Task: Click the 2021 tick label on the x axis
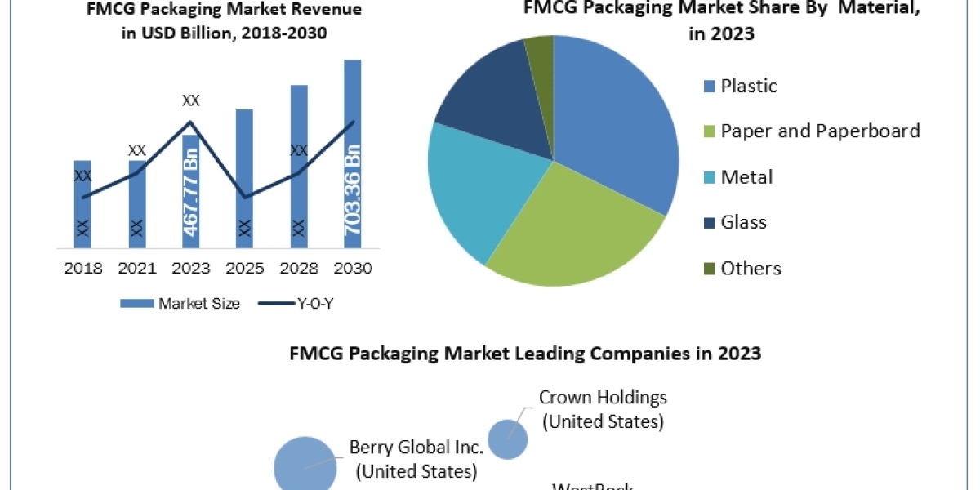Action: pyautogui.click(x=136, y=269)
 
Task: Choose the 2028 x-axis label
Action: pyautogui.click(x=298, y=269)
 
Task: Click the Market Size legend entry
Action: pyautogui.click(x=180, y=304)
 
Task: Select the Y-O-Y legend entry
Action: pyautogui.click(x=297, y=304)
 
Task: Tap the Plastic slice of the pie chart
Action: pyautogui.click(x=621, y=131)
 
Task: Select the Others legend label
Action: pyautogui.click(x=751, y=268)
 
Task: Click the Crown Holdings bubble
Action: pyautogui.click(x=507, y=439)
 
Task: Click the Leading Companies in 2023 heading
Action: pyautogui.click(x=525, y=354)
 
